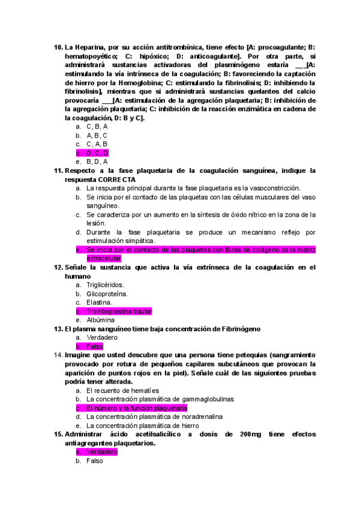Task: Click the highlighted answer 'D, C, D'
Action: [97, 153]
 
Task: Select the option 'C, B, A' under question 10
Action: [97, 127]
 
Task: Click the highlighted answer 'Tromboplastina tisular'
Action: [119, 312]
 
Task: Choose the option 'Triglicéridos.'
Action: [106, 285]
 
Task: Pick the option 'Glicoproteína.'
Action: [107, 294]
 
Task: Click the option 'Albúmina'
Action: [100, 320]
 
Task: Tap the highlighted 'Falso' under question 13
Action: [95, 346]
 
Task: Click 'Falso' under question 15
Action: [95, 461]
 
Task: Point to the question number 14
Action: [58, 355]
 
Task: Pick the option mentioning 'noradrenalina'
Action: [155, 417]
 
